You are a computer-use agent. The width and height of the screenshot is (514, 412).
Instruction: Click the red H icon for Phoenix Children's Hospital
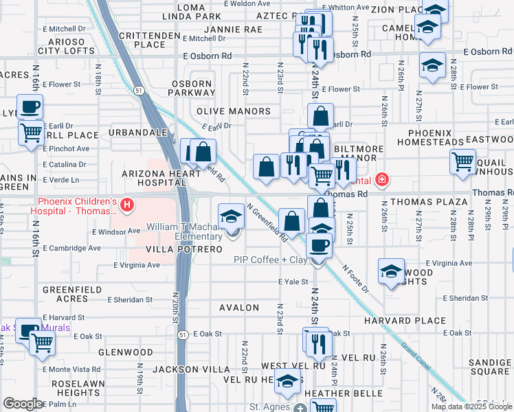point(126,205)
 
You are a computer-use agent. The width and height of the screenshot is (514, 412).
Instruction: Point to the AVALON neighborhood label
point(239,308)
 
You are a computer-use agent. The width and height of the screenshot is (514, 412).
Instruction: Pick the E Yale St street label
point(291,282)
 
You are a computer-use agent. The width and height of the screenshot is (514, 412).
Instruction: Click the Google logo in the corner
point(23,404)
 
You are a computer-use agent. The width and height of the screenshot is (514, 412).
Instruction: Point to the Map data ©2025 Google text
point(471,407)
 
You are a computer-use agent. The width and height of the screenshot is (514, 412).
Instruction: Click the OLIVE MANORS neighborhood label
point(234,111)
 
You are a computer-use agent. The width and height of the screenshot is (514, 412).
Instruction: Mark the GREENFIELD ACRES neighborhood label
point(67,295)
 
